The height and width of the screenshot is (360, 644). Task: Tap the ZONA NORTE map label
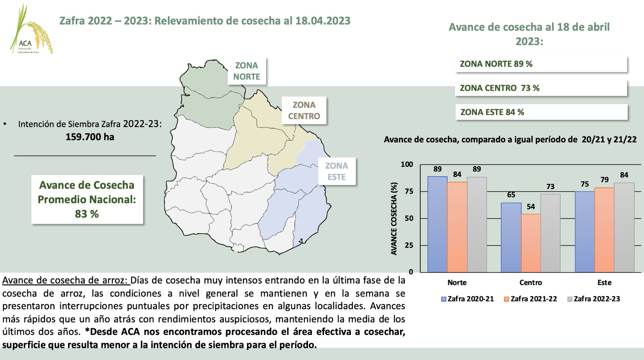tap(247, 71)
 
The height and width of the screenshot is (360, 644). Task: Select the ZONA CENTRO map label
tap(304, 111)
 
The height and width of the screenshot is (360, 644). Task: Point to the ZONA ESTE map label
tap(336, 171)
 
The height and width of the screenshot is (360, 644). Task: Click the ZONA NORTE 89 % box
tap(541, 64)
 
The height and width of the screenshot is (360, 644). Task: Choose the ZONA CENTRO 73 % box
tap(541, 88)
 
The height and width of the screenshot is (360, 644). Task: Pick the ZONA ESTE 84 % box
tap(541, 112)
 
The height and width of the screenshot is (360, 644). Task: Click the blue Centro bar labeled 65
tap(511, 237)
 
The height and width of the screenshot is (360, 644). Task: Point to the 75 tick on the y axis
tap(409, 191)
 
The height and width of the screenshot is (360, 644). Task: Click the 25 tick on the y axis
tap(409, 245)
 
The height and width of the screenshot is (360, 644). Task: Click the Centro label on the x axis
tap(530, 282)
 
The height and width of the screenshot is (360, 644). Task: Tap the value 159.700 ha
tap(90, 137)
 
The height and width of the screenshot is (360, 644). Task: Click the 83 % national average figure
tap(87, 214)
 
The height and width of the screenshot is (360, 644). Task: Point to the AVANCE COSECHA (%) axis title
tap(394, 218)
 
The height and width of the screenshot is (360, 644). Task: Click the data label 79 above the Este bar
tap(605, 180)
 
